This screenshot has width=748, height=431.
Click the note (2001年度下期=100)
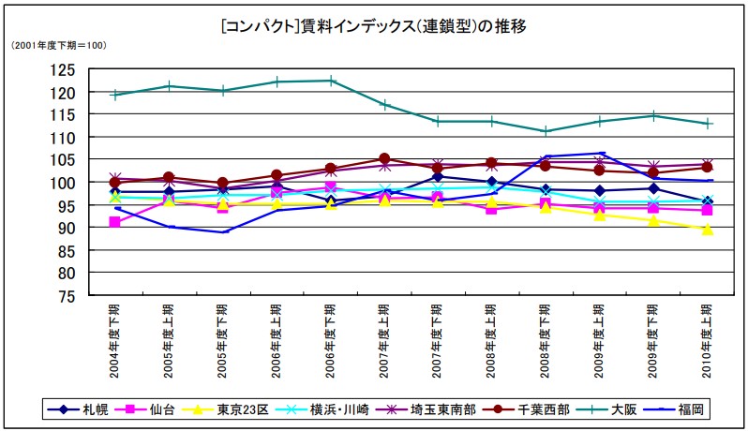(x=58, y=45)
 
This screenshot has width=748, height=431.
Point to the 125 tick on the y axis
(x=64, y=69)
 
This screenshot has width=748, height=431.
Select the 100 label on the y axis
(x=64, y=182)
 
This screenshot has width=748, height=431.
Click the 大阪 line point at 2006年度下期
(x=331, y=81)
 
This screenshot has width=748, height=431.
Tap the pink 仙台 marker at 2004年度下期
(x=114, y=222)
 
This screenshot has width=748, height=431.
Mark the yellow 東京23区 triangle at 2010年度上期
(x=708, y=230)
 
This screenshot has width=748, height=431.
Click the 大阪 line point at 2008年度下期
(x=546, y=131)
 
